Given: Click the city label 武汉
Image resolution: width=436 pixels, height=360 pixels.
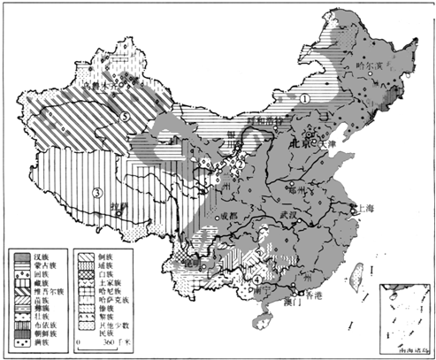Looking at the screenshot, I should click(x=287, y=215).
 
